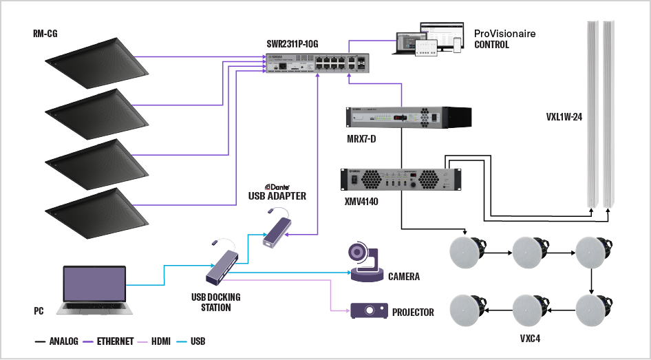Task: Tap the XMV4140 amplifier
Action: click(x=401, y=180)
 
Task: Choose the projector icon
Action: click(x=368, y=310)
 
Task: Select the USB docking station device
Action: click(x=224, y=267)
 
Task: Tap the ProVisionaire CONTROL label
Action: click(x=504, y=39)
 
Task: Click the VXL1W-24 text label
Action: click(x=559, y=117)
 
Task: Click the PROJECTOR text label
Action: click(x=413, y=313)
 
